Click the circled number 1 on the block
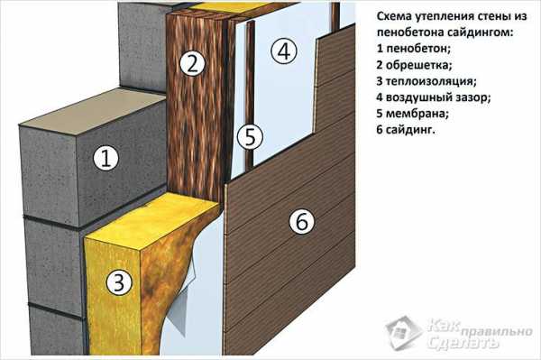point(105,158)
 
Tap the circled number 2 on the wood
point(193,63)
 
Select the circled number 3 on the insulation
point(119,282)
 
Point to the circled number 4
point(284,51)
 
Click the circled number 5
point(250,136)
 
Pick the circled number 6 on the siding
point(302,221)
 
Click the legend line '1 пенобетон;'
point(414,49)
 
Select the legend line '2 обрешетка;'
point(415,65)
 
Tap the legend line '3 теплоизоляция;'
point(426,81)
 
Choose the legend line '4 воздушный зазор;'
point(434,97)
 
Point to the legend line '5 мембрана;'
point(413,114)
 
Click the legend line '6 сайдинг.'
point(406,130)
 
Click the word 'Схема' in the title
point(395,16)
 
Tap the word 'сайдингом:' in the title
point(481,32)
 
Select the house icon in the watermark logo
point(404,333)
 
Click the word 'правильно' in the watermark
point(497,332)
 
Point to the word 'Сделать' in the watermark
point(463,343)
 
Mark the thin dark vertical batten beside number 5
point(251,93)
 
